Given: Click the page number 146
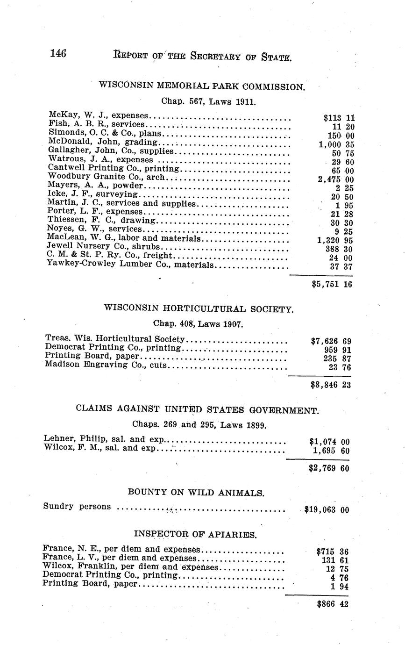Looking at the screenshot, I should (58, 54).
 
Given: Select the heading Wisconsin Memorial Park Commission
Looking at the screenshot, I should (202, 86).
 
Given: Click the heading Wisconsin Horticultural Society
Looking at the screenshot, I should (199, 308).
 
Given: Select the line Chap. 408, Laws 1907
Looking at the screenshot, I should (198, 323).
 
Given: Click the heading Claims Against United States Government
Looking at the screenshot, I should (198, 410).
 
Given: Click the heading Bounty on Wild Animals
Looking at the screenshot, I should (196, 492).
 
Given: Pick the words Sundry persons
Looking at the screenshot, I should (77, 506).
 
